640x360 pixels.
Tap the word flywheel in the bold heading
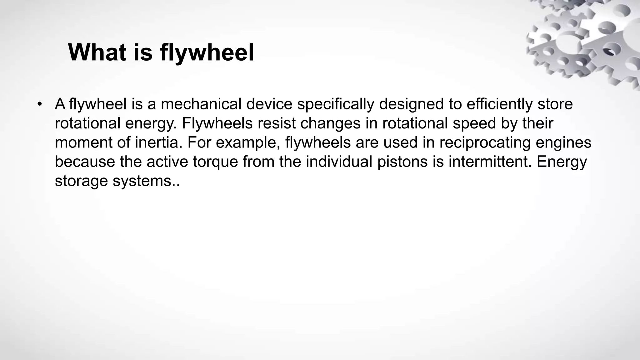(207, 52)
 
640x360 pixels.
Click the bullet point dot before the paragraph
(39, 104)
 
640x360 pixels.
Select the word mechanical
(201, 104)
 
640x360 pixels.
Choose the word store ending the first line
(555, 104)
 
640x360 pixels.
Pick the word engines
(563, 142)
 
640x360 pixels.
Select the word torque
(215, 162)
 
